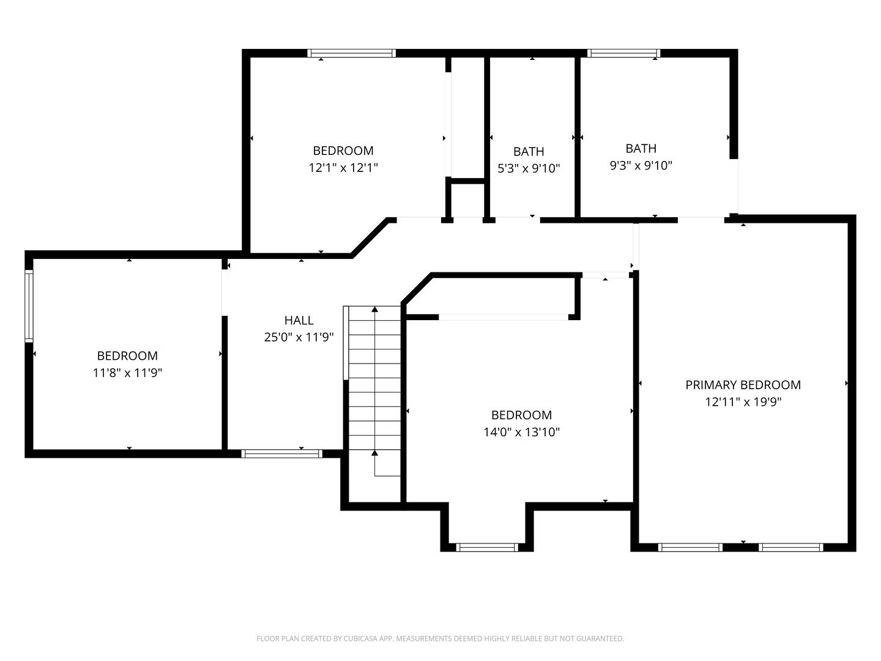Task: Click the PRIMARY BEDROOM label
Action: (743, 385)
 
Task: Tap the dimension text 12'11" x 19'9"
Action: (743, 402)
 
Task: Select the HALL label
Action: (299, 320)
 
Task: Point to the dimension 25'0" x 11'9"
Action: (299, 337)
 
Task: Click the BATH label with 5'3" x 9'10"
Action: (529, 152)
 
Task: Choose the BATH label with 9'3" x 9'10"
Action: (641, 149)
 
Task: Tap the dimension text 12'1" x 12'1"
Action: (343, 168)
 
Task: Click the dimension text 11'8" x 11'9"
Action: (127, 373)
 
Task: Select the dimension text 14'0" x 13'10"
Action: (521, 432)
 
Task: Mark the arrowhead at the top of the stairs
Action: (374, 310)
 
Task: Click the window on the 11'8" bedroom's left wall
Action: (29, 305)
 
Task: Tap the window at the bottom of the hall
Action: (281, 454)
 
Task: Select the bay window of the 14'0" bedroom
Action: (488, 547)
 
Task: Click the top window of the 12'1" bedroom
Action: (351, 53)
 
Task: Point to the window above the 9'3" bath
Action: (623, 53)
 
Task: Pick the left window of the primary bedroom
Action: (690, 547)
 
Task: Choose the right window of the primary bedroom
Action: (790, 547)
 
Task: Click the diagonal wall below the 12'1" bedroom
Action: (370, 237)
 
